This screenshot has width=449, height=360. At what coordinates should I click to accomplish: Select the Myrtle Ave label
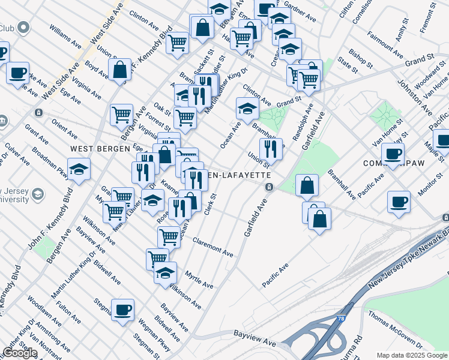coord(199,280)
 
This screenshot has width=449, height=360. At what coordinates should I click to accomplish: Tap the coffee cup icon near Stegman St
coord(123,310)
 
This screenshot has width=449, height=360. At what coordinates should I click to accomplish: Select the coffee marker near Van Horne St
coord(393,154)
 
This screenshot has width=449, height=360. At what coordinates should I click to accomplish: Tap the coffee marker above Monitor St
coord(399,201)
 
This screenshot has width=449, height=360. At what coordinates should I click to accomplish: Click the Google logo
coord(20,353)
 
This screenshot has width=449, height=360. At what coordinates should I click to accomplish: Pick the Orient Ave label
coord(63,128)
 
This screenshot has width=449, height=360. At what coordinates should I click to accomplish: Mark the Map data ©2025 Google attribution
coord(412,355)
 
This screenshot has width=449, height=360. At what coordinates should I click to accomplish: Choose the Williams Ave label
coord(65,37)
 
